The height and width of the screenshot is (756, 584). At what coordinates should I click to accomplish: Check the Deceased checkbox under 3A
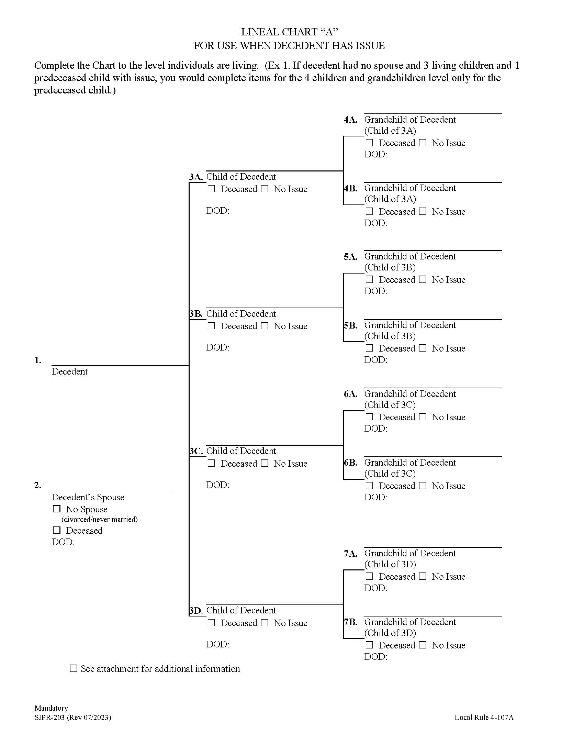(211, 189)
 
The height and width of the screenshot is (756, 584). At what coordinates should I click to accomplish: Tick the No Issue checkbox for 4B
(423, 211)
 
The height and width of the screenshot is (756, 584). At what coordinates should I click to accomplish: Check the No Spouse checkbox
(57, 509)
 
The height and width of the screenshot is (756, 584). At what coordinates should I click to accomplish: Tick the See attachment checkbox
(74, 668)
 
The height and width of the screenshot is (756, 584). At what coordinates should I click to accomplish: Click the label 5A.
(350, 257)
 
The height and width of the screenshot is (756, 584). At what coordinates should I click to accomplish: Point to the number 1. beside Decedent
(38, 360)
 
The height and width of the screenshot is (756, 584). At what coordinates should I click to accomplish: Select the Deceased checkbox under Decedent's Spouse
(57, 530)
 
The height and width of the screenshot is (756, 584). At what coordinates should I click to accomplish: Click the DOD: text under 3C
(217, 485)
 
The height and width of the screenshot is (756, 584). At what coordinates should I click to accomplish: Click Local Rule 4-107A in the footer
(484, 718)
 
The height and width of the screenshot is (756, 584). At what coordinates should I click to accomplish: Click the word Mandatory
(51, 708)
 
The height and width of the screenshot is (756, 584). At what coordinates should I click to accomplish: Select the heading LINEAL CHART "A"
(289, 32)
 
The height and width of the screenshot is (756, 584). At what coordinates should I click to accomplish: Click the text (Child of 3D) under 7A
(390, 564)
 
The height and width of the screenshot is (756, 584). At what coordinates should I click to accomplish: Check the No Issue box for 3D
(265, 622)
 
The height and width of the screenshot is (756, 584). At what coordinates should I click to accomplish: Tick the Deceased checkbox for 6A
(369, 417)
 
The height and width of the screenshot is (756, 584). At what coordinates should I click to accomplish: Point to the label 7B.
(350, 622)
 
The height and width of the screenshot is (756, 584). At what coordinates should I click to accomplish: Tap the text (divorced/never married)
(100, 519)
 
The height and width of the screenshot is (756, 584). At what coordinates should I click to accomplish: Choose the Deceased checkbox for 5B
(369, 348)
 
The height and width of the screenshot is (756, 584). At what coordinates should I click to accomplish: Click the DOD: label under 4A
(375, 154)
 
